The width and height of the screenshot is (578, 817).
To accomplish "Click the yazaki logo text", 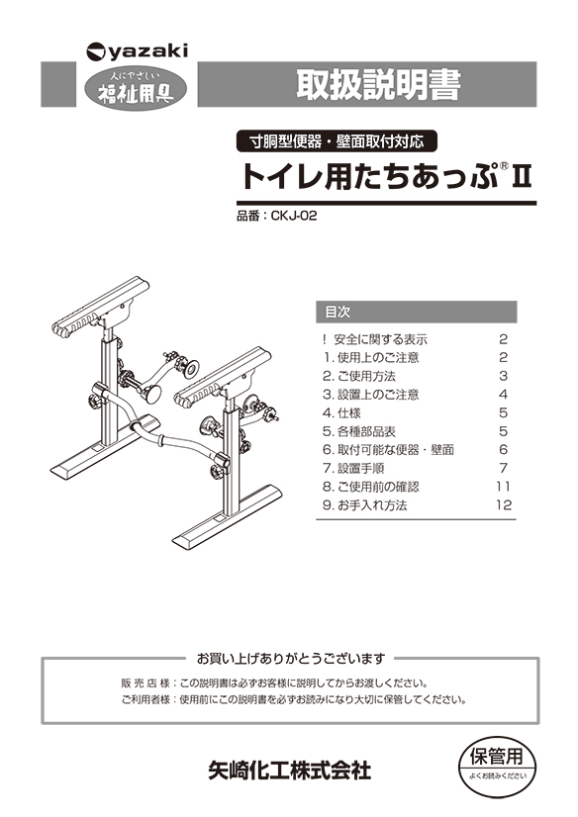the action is click(148, 51).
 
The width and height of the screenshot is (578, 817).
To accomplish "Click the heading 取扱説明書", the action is click(379, 84).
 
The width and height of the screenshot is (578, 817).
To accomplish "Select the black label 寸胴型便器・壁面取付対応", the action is click(337, 141).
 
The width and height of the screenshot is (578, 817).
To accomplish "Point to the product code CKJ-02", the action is click(294, 216).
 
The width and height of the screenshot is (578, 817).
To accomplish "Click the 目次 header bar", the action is click(417, 313).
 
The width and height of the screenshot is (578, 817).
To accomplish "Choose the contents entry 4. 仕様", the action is click(341, 413).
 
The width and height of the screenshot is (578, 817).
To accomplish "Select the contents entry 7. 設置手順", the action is click(353, 469).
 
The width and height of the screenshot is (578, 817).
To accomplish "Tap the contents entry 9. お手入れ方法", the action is click(365, 505).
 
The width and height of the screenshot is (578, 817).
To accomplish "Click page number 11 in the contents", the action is click(503, 487).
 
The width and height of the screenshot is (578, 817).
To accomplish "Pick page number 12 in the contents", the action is click(504, 504).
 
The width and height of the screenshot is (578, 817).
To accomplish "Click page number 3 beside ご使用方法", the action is click(504, 376).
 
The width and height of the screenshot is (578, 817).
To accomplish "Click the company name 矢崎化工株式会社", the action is click(290, 772).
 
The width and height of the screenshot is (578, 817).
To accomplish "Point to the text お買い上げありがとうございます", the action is click(291, 659).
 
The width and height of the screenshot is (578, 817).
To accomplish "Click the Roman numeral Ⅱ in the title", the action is click(523, 176).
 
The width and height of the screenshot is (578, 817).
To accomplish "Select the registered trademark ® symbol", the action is click(504, 166).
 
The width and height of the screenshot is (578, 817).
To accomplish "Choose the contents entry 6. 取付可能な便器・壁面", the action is click(388, 450).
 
